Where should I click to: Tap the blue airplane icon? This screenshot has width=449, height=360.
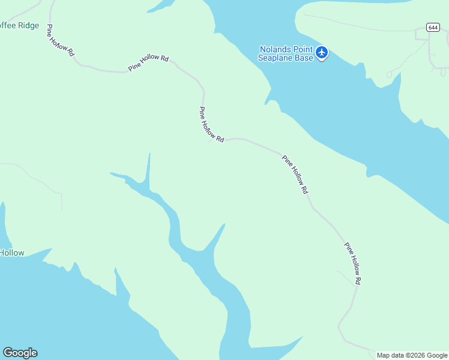pyautogui.click(x=322, y=53)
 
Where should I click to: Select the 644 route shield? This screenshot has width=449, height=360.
pyautogui.click(x=433, y=27)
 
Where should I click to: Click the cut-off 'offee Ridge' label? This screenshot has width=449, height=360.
pyautogui.click(x=19, y=26)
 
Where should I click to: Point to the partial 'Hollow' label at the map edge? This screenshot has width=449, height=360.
pyautogui.click(x=12, y=253)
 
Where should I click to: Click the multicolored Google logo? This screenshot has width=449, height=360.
pyautogui.click(x=20, y=353)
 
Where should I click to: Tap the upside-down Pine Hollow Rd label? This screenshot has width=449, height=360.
pyautogui.click(x=60, y=41)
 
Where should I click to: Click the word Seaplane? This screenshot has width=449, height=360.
pyautogui.click(x=277, y=58)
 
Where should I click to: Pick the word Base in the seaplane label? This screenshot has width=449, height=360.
pyautogui.click(x=305, y=58)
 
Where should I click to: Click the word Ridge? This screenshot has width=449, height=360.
pyautogui.click(x=28, y=26)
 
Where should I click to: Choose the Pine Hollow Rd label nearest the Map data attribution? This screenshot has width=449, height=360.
pyautogui.click(x=354, y=263)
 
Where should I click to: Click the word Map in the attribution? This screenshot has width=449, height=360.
pyautogui.click(x=384, y=355)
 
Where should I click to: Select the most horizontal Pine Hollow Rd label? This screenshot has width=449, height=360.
pyautogui.click(x=148, y=63)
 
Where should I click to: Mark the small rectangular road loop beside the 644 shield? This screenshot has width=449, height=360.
pyautogui.click(x=422, y=35)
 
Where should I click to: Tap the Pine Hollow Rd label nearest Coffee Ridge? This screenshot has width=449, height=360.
pyautogui.click(x=60, y=41)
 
